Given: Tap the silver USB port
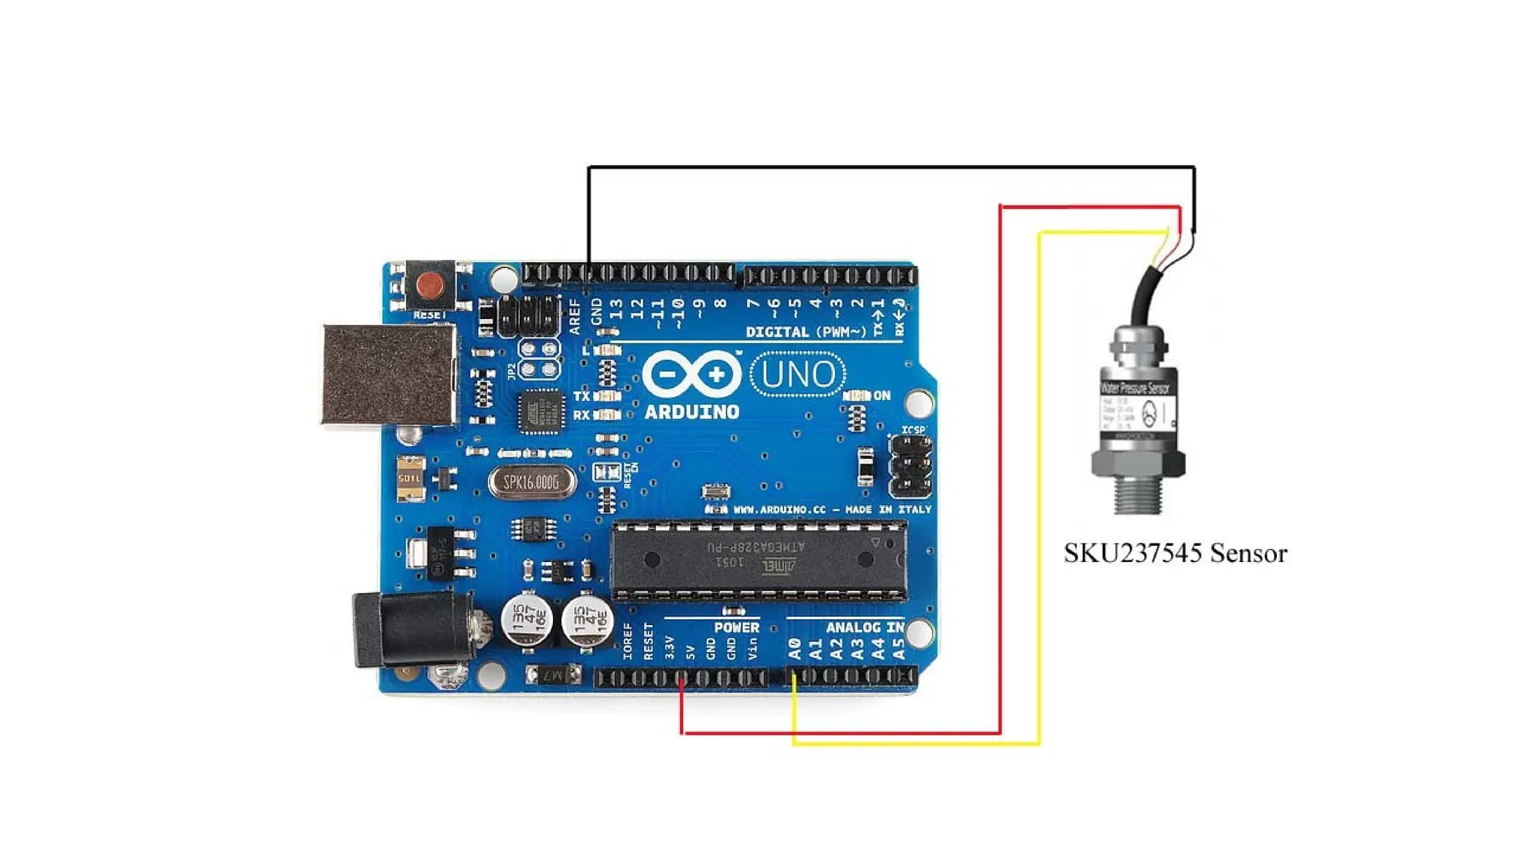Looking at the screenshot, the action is pyautogui.click(x=389, y=374).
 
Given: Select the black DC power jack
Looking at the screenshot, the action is pyautogui.click(x=411, y=628).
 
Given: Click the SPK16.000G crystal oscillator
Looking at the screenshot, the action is pyautogui.click(x=531, y=483).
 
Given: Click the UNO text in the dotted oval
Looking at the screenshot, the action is pyautogui.click(x=798, y=375).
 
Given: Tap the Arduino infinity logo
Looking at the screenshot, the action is pyautogui.click(x=691, y=374).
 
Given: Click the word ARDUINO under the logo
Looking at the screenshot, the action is pyautogui.click(x=691, y=412).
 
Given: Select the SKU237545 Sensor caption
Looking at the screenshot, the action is pyautogui.click(x=1175, y=554).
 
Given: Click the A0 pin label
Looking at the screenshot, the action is pyautogui.click(x=794, y=649).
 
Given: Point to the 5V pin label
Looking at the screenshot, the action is pyautogui.click(x=691, y=652).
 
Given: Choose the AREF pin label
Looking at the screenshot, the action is pyautogui.click(x=575, y=316).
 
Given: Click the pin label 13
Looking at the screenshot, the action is pyautogui.click(x=616, y=309).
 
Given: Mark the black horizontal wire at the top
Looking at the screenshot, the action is pyautogui.click(x=888, y=167).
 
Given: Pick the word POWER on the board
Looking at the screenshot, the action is pyautogui.click(x=737, y=627).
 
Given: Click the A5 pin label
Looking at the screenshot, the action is pyautogui.click(x=899, y=649).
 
